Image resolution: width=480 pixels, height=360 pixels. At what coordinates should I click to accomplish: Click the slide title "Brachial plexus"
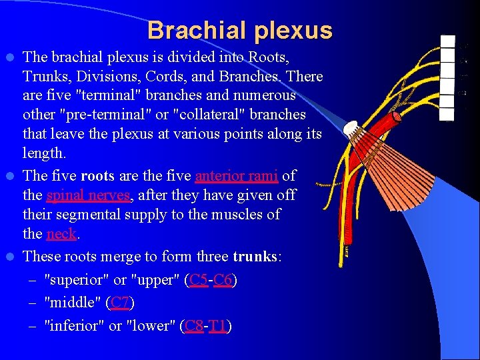point(239,31)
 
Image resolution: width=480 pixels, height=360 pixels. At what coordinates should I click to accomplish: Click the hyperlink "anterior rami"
point(237,176)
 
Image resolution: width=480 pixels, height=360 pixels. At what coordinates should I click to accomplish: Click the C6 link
point(223,280)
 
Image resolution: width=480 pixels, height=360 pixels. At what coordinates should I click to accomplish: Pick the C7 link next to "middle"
point(120,303)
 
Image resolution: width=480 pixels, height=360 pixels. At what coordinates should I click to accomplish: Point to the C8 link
point(194,326)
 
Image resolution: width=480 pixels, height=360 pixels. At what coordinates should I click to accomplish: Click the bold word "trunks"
point(253,257)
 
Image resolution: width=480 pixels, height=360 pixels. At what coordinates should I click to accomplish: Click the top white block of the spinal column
point(448,42)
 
